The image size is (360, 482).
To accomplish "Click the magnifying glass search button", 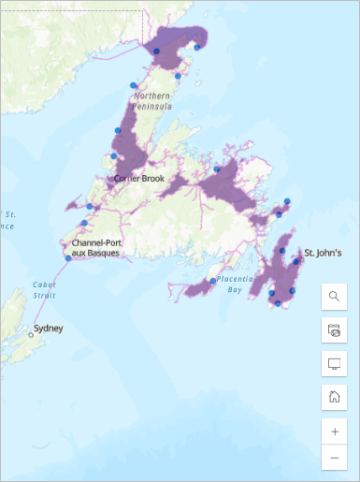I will [x=334, y=297].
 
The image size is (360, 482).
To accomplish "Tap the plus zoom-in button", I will [x=334, y=431].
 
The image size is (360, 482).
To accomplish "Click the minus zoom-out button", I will [x=334, y=458].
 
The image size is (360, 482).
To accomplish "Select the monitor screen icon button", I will [x=334, y=363].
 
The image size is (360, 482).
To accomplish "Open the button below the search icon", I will [x=334, y=329].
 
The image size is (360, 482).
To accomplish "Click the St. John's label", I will [x=324, y=253].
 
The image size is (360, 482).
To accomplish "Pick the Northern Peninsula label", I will [x=153, y=101].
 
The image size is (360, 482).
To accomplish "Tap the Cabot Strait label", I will [x=45, y=289].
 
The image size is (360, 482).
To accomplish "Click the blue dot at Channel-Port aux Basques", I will [x=67, y=258].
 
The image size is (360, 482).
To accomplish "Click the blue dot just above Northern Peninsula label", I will [x=134, y=85].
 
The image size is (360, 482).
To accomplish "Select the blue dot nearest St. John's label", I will [x=296, y=261].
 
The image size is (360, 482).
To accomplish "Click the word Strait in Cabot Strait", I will [x=45, y=295].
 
